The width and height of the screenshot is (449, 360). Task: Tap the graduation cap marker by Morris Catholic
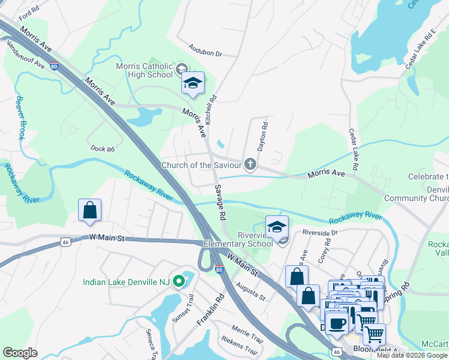(x=193, y=84)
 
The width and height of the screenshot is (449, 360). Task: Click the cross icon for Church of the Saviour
(x=250, y=164)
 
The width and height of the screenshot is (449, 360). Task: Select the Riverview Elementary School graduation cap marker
(x=277, y=228)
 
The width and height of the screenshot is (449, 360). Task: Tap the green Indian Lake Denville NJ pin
(x=178, y=281)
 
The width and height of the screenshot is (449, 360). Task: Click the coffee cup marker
(x=337, y=323)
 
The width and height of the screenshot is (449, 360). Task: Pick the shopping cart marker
(x=374, y=334)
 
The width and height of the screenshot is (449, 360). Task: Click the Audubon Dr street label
(x=205, y=50)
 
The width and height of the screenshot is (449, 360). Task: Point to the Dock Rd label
(x=101, y=148)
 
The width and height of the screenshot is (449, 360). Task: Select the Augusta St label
(x=251, y=292)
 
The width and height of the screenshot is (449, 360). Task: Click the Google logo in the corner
(x=20, y=353)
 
